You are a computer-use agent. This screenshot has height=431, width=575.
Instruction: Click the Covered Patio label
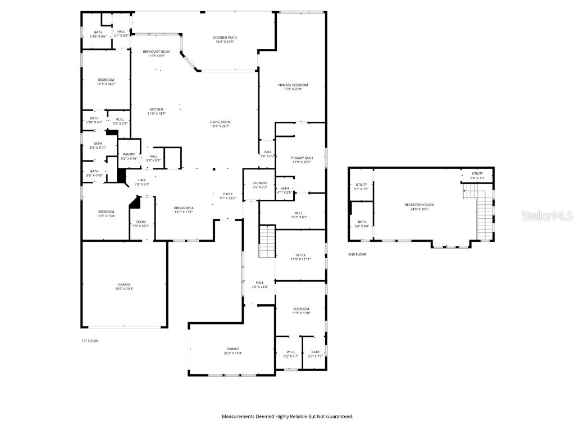tap(223, 37)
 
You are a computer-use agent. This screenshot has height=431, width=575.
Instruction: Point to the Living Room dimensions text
tap(220, 126)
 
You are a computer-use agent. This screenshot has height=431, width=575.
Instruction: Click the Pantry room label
tap(129, 154)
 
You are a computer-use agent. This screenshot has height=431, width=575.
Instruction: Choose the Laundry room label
tap(259, 182)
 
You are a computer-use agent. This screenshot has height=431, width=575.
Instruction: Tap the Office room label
tap(301, 255)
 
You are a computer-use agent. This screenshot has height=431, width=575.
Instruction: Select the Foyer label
tap(229, 194)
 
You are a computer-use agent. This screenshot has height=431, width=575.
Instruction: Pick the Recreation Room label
tap(419, 205)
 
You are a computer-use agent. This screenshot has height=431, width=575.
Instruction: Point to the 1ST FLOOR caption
tap(90, 341)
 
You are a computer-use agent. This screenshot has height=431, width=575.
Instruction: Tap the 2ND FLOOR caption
tap(357, 254)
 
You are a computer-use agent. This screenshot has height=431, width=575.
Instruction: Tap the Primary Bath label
tap(302, 158)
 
